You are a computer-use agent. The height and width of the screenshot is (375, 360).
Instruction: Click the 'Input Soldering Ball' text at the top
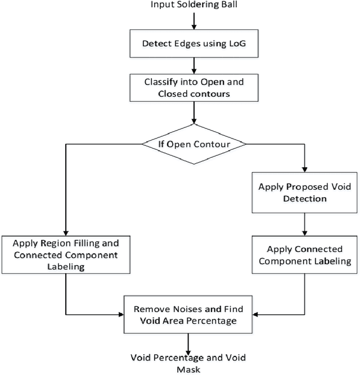pyautogui.click(x=192, y=5)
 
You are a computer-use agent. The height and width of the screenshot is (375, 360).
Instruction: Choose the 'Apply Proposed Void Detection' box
pyautogui.click(x=304, y=192)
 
